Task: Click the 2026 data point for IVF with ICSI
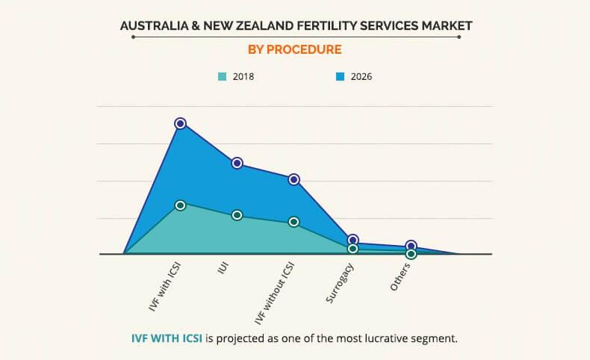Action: tap(180, 123)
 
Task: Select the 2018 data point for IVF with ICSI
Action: tap(180, 205)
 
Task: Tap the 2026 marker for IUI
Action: tap(237, 163)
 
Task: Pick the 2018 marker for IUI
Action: tap(237, 215)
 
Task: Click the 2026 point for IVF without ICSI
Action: tap(294, 179)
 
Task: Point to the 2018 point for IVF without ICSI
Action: tap(294, 222)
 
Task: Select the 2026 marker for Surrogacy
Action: tap(353, 240)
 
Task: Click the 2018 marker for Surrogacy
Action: tap(353, 249)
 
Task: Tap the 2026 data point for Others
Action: tap(411, 246)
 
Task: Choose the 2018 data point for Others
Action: tap(411, 254)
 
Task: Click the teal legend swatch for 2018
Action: tap(222, 76)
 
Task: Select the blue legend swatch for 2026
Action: tap(340, 76)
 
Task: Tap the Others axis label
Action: tap(400, 278)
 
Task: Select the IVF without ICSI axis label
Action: tap(276, 294)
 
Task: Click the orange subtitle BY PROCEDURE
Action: tap(294, 50)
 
